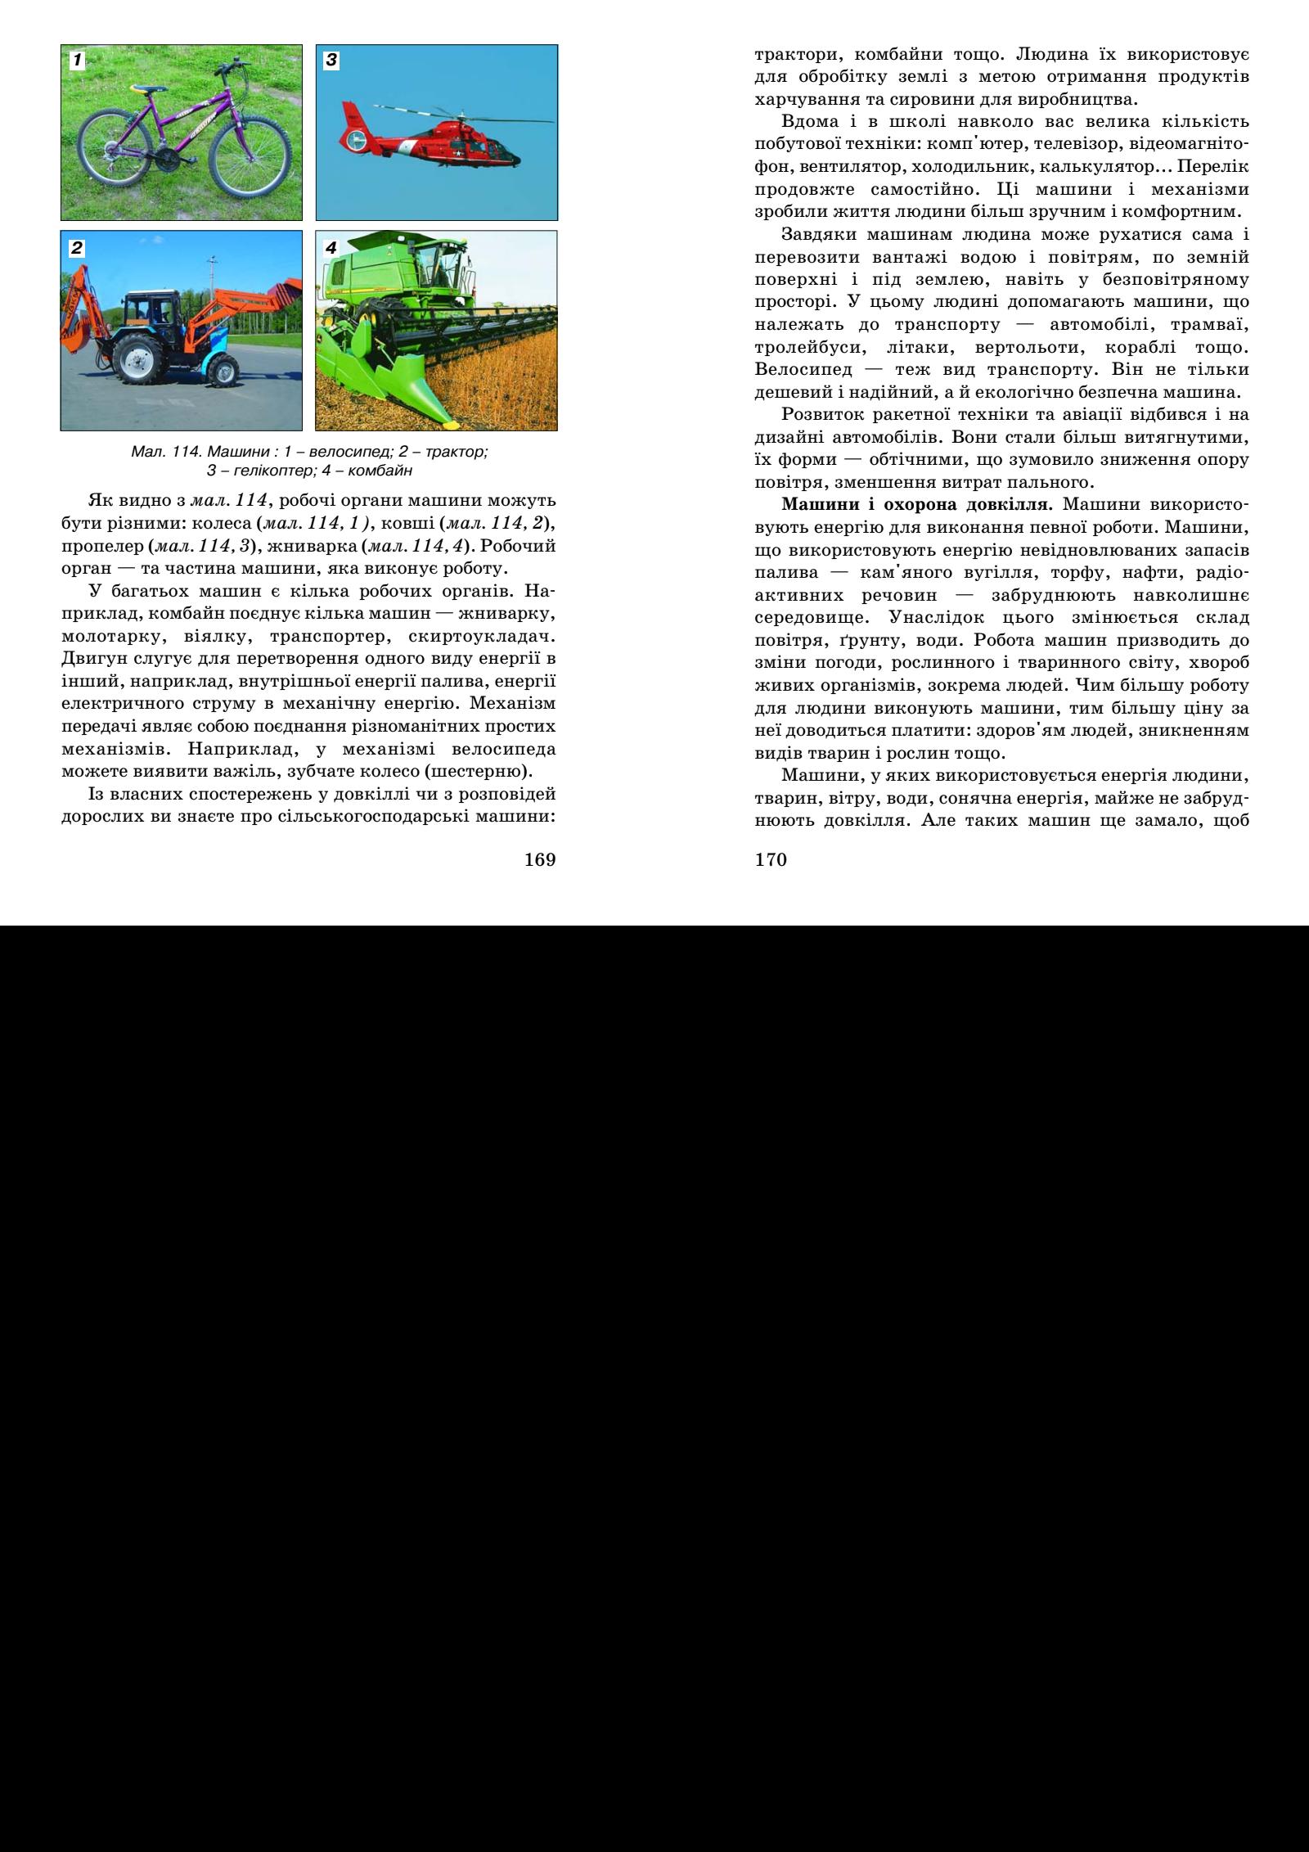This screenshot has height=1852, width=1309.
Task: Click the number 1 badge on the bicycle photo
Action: click(x=76, y=60)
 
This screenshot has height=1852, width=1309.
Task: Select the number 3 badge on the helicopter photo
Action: click(x=331, y=60)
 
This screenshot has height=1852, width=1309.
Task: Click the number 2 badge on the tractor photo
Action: click(x=76, y=246)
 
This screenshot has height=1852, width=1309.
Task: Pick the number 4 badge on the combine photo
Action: click(x=331, y=246)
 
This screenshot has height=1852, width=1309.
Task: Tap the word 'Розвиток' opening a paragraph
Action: click(x=816, y=416)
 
